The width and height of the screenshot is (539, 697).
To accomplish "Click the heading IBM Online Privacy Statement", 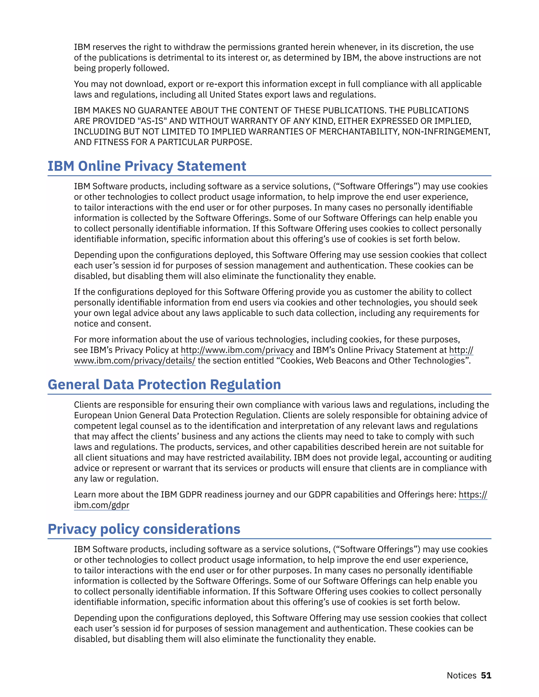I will coord(147,166).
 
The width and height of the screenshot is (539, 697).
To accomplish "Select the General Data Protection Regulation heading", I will coord(164,385).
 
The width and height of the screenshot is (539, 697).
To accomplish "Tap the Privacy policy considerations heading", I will coord(144,529).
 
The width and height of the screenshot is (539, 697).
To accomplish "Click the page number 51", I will coord(486,675).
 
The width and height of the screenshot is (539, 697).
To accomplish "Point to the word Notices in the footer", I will coord(461,675).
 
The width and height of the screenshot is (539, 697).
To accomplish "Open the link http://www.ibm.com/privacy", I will coord(237,350).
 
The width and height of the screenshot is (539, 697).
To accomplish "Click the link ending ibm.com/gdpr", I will coord(102,505).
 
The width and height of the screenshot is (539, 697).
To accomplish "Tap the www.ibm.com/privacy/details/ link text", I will coord(134,361).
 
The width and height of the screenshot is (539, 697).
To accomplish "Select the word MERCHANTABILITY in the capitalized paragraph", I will coord(358,132).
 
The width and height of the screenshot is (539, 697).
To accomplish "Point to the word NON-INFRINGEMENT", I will coord(446,132).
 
